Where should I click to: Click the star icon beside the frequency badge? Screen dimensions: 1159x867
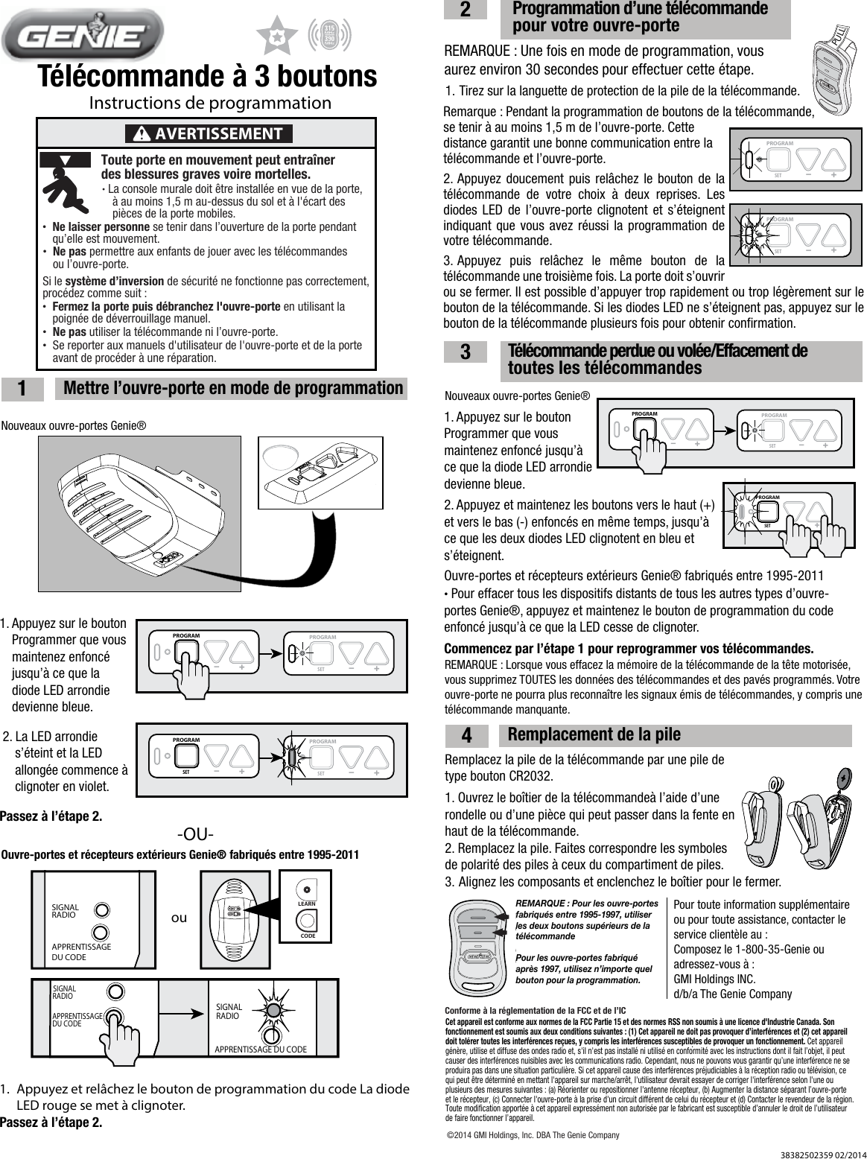276,35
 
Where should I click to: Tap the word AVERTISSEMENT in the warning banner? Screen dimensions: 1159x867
217,134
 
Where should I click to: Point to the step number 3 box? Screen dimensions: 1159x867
465,353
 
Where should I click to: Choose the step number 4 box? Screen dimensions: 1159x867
466,736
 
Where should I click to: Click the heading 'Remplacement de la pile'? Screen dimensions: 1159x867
594,734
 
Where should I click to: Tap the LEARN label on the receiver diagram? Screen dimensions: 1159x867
307,903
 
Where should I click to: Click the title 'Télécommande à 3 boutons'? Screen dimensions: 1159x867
208,76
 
